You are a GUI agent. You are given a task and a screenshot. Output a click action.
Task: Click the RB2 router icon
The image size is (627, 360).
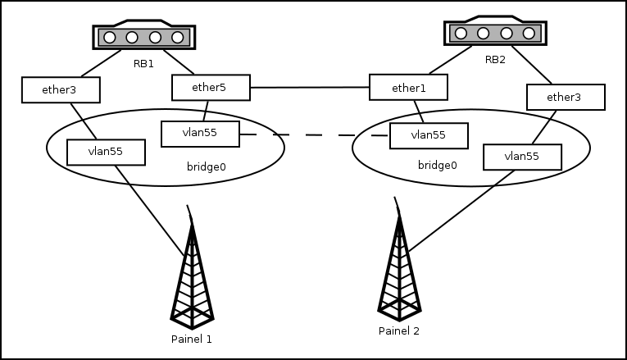(x=495, y=33)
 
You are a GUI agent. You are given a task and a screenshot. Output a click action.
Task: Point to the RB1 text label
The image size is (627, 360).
(x=143, y=63)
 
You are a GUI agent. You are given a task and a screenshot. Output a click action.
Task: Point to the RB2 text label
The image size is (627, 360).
(x=496, y=59)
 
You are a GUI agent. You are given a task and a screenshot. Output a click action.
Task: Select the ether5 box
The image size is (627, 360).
(x=211, y=88)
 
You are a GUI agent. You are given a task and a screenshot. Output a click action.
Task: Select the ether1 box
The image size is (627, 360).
(x=408, y=87)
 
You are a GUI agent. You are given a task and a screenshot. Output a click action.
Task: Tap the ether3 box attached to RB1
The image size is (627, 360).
(x=60, y=89)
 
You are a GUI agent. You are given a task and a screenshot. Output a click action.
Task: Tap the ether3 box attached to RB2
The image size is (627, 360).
(x=565, y=98)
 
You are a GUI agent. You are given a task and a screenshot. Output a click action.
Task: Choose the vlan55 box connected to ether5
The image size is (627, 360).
(x=200, y=134)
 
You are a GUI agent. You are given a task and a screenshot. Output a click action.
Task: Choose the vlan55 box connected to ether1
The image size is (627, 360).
(x=428, y=135)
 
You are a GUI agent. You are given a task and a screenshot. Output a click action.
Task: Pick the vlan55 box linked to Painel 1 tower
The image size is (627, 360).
(x=106, y=152)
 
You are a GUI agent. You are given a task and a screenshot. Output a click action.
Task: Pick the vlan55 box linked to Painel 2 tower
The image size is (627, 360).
(x=522, y=157)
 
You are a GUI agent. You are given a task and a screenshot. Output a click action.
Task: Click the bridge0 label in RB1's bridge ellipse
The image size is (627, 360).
(x=207, y=166)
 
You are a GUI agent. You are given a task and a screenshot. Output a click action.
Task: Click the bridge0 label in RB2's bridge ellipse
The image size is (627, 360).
(x=437, y=165)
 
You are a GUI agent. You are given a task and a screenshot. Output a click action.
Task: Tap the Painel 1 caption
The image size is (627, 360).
(x=192, y=339)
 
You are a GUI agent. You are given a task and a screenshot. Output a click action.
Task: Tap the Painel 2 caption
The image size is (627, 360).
(x=399, y=331)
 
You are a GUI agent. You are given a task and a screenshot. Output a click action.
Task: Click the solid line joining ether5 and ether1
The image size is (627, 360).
(x=310, y=87)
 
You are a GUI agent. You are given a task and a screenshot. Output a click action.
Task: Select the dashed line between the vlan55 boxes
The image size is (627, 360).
(x=315, y=134)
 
